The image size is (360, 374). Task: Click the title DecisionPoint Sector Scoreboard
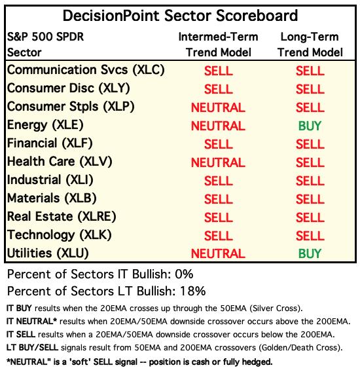(180, 16)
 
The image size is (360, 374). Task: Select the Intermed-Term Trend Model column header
(219, 45)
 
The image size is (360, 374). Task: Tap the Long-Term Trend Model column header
(310, 45)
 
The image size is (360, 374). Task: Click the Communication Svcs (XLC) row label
(86, 70)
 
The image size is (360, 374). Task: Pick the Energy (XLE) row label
(45, 125)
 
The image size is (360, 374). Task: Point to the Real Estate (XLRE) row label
(62, 217)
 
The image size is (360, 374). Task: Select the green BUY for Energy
(310, 126)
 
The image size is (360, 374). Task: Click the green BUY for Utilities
(310, 253)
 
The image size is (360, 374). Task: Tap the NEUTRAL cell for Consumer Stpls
(218, 107)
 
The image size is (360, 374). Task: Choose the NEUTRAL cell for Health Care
(218, 162)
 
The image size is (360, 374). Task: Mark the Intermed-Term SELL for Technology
(219, 236)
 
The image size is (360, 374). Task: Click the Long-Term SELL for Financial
(310, 144)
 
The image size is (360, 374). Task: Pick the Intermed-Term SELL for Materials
(219, 199)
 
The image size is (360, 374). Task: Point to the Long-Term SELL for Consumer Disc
(310, 89)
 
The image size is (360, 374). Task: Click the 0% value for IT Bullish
(184, 274)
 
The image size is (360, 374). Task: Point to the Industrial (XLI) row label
(50, 180)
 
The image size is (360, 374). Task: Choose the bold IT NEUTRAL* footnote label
(31, 322)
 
